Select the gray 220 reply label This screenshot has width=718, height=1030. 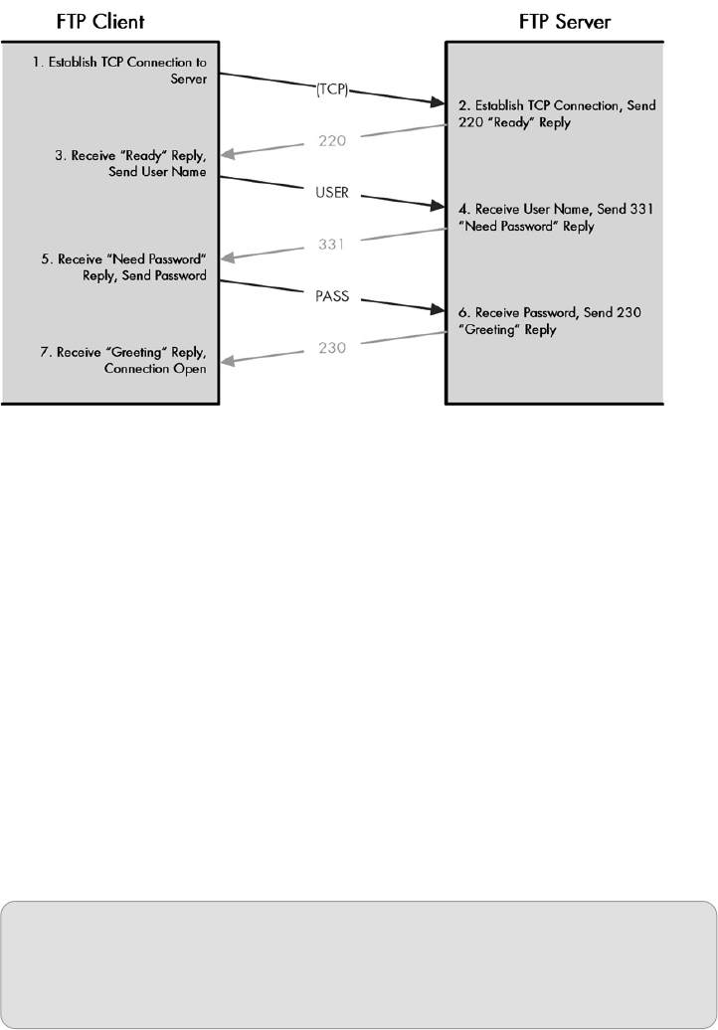(332, 140)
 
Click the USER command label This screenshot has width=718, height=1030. (331, 193)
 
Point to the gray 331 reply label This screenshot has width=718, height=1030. (332, 244)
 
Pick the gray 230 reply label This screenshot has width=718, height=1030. (332, 348)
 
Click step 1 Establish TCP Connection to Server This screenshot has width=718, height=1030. (118, 69)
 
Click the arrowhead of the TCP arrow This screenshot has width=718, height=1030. (437, 102)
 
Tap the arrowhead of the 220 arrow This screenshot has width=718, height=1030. (228, 155)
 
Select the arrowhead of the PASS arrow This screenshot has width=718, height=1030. (437, 310)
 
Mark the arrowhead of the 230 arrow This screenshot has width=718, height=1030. (228, 362)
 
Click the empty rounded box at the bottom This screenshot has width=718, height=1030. (358, 965)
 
